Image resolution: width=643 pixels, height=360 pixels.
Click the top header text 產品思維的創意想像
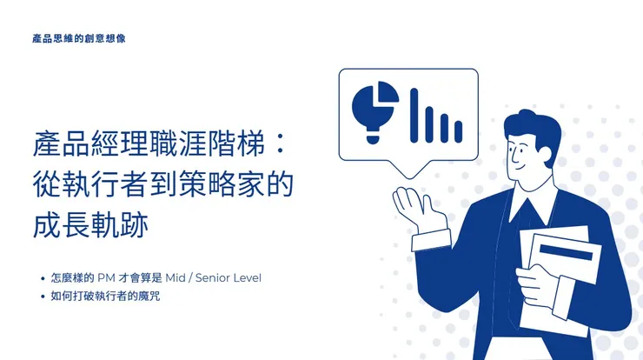(x=78, y=39)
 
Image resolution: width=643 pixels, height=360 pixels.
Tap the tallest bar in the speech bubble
(x=415, y=115)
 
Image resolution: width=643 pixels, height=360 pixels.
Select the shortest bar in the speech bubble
(x=458, y=131)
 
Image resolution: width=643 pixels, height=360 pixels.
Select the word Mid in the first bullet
(x=177, y=278)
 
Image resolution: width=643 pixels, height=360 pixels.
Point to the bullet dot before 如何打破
(x=43, y=297)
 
